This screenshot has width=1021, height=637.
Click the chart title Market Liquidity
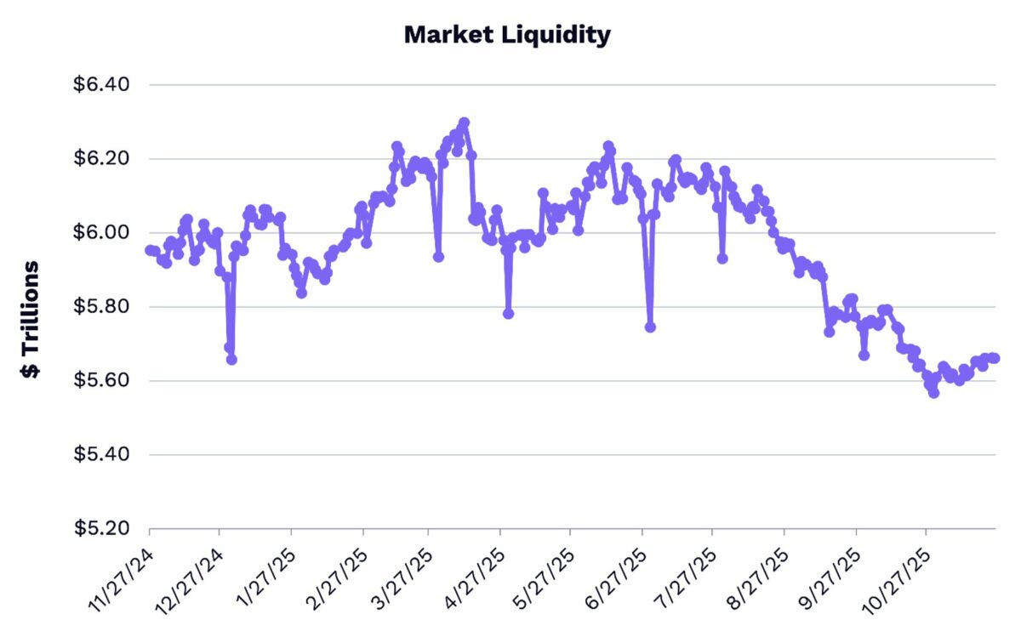(507, 35)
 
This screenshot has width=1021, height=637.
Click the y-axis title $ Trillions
(31, 320)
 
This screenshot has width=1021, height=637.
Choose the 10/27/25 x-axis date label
(897, 577)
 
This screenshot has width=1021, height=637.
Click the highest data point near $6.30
(464, 122)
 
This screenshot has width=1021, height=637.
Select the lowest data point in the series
(933, 393)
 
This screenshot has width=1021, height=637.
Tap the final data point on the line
(994, 358)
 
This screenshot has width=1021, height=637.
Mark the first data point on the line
(150, 250)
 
